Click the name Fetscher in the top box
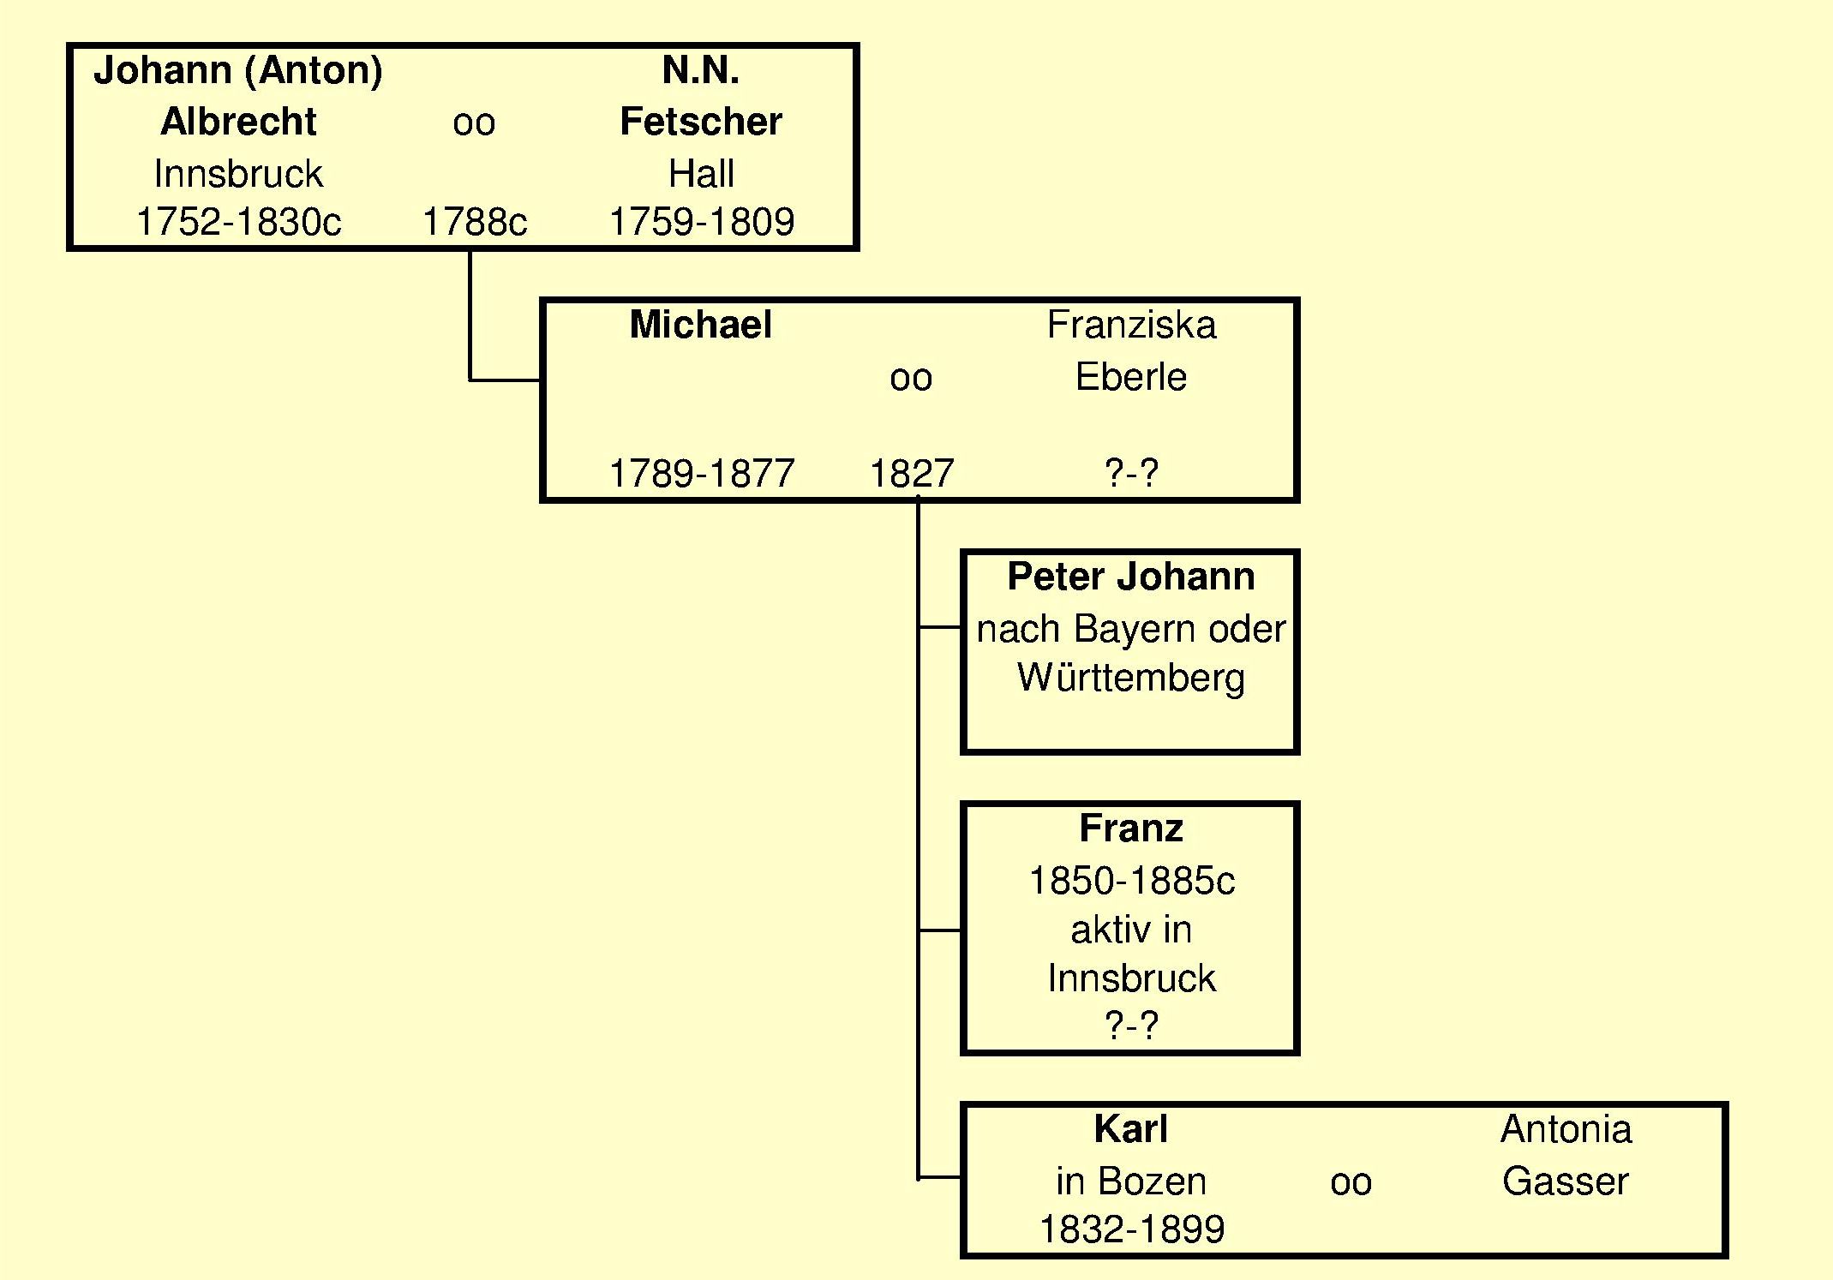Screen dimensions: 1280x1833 click(700, 122)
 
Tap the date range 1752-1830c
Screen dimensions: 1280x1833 click(238, 222)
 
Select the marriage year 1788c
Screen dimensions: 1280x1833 click(475, 222)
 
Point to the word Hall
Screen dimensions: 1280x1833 click(701, 174)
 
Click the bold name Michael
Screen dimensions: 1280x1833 click(700, 325)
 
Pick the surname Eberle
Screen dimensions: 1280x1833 click(1131, 377)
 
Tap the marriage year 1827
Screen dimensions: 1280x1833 click(912, 473)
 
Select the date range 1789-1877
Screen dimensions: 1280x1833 click(701, 473)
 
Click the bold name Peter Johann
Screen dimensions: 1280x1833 click(1130, 577)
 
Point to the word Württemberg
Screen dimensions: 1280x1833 click(1130, 678)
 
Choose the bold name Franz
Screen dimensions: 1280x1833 click(1131, 828)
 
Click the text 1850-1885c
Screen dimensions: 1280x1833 click(1131, 881)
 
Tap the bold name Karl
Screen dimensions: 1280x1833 click(1130, 1129)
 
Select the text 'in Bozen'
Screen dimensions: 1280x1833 click(1130, 1181)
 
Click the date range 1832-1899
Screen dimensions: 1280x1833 click(1131, 1229)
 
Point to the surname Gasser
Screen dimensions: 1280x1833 click(1565, 1181)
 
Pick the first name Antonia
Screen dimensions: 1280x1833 click(1566, 1129)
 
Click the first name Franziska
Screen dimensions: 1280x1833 click(1131, 326)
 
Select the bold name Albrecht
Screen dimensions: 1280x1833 click(238, 122)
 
